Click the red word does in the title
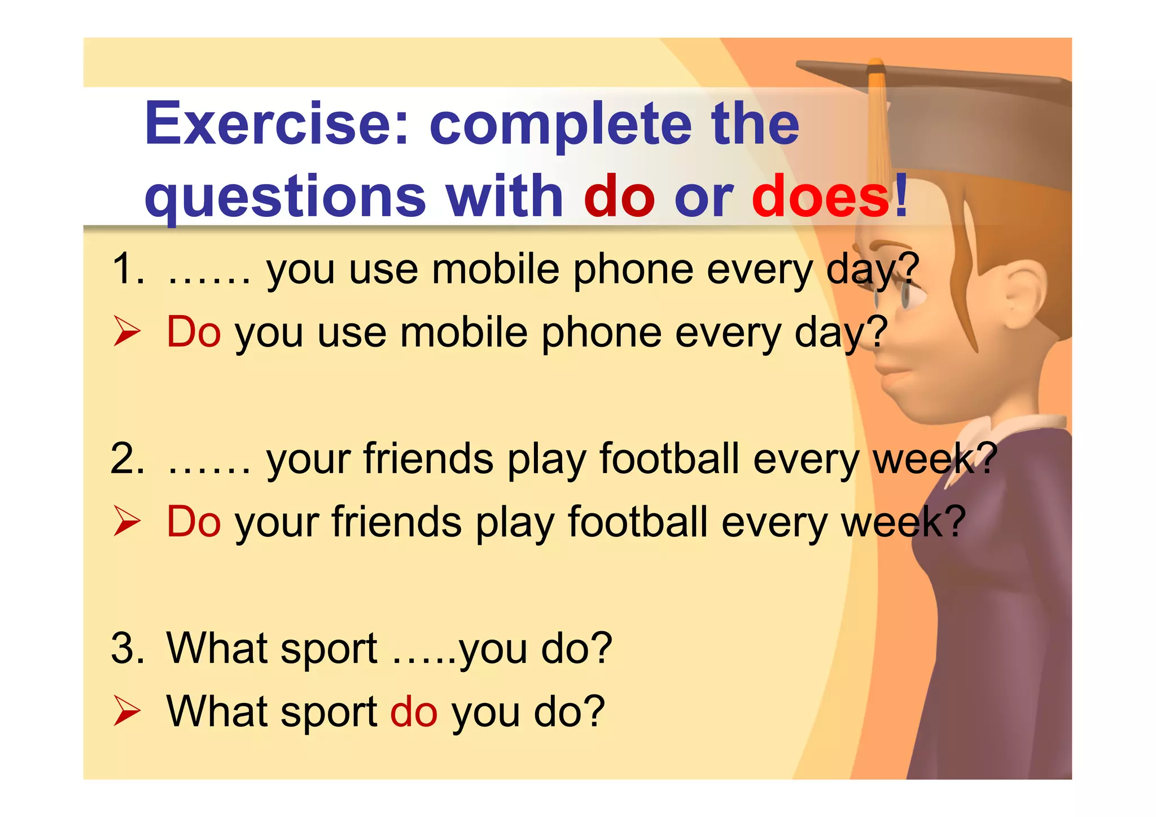821,196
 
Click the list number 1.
127,269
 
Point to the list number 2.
127,458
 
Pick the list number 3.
127,648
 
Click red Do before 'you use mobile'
193,332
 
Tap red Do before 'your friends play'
193,522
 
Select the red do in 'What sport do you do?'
413,711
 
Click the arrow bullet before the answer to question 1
126,331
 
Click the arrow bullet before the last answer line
126,711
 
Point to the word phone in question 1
633,270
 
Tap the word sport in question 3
328,649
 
